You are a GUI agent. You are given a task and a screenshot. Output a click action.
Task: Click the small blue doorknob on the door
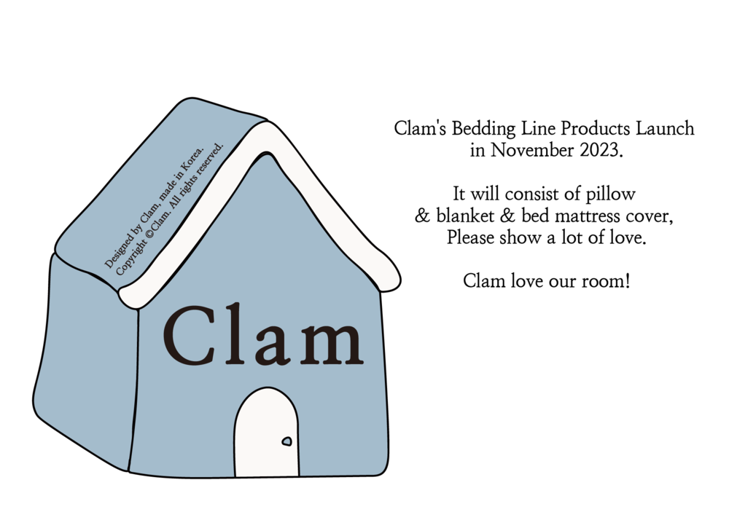(286, 441)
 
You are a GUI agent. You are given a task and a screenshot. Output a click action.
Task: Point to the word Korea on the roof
(192, 159)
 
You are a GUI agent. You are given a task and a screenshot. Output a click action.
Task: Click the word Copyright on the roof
(131, 256)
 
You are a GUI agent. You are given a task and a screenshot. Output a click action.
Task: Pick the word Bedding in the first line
(483, 129)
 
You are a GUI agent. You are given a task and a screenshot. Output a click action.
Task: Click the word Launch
(665, 129)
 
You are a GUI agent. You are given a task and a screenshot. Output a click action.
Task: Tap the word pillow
(610, 194)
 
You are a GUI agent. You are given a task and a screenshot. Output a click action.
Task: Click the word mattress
(588, 216)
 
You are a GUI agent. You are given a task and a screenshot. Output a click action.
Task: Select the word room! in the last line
(606, 281)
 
